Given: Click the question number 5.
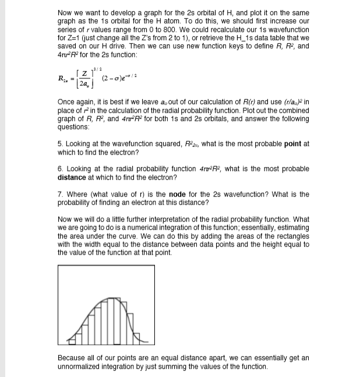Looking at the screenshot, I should tap(60, 144).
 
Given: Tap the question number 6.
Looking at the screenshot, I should tap(60, 169).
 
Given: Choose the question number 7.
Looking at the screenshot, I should tap(60, 194).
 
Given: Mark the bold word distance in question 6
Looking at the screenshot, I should tap(74, 177).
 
